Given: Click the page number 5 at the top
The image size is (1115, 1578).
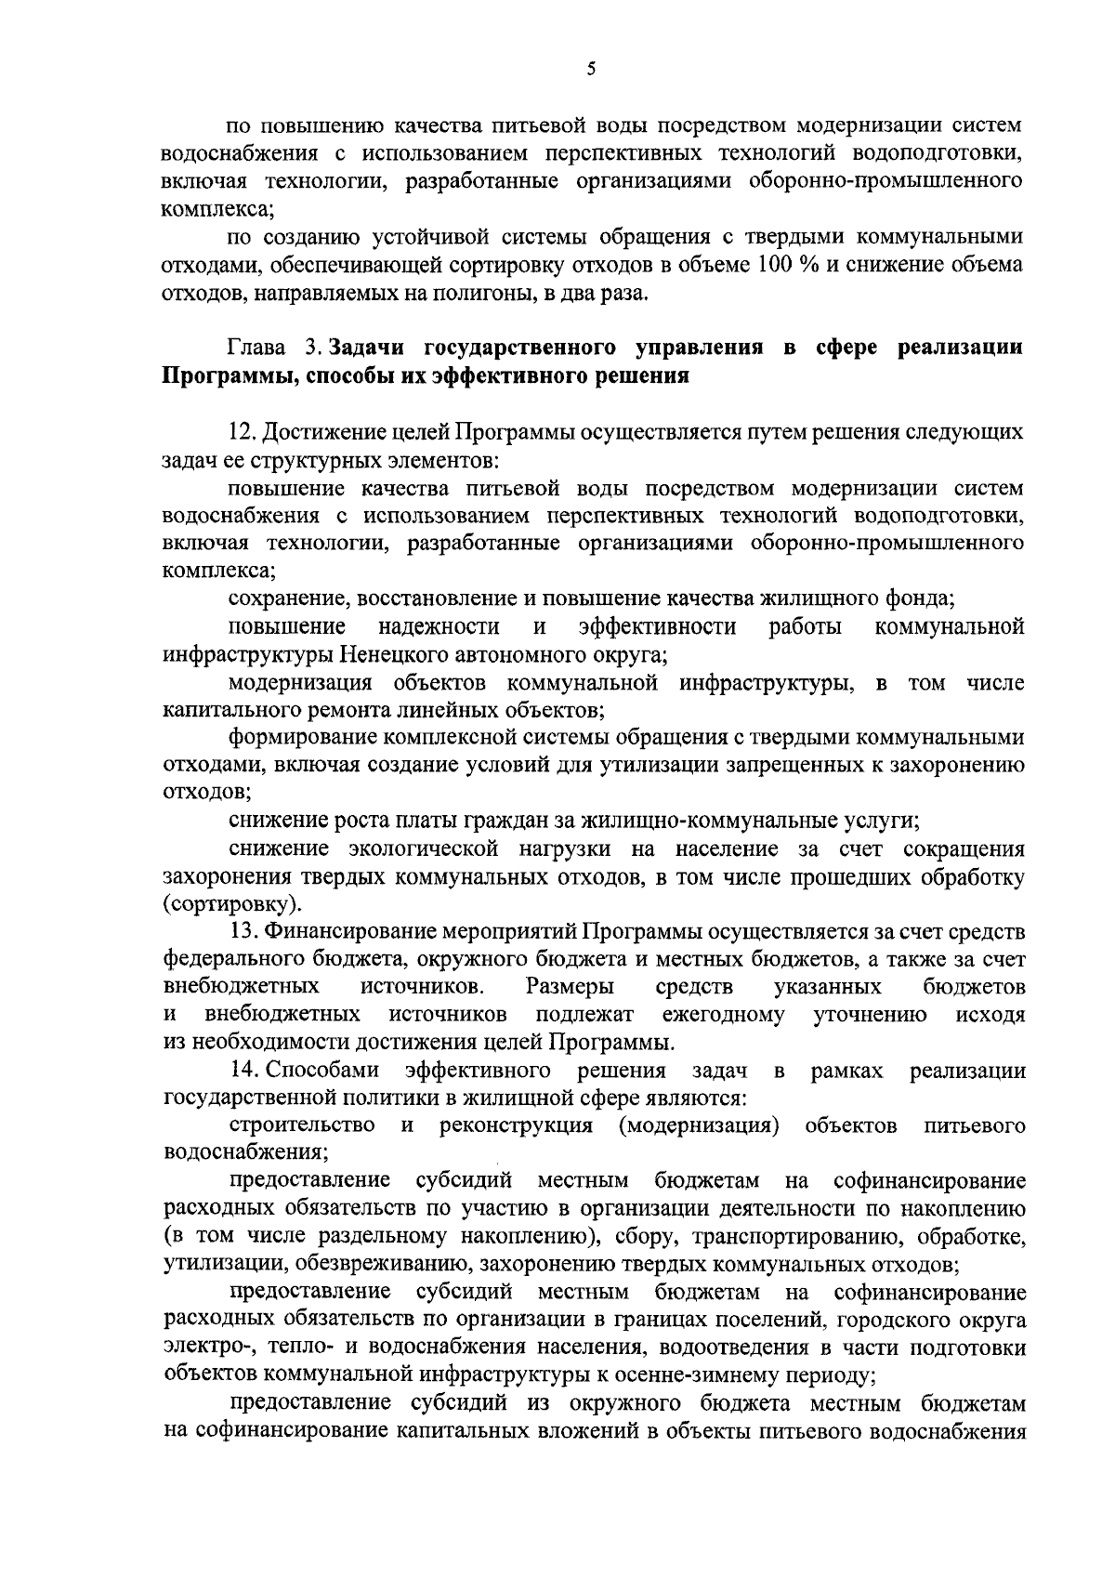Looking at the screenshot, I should [x=591, y=68].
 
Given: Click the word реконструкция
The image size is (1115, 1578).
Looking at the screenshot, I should [x=516, y=1126].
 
